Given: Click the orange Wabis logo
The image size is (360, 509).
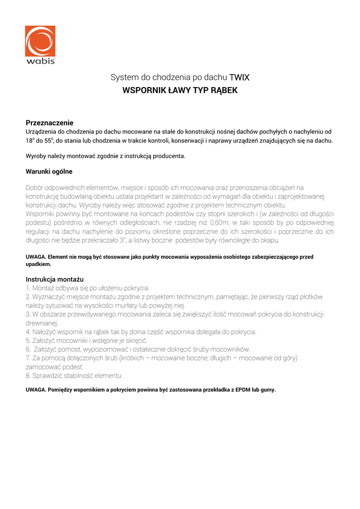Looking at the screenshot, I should coord(40,41).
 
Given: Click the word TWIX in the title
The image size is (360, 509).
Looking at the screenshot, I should coord(239,78).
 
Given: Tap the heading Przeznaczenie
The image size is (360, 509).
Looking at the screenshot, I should coord(50,123).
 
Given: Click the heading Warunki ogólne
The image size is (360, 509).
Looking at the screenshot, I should coord(49,171).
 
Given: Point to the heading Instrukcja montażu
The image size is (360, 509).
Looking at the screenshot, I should coord(54,279).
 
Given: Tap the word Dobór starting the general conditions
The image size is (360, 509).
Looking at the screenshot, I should coord(36,187).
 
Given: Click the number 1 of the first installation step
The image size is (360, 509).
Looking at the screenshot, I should coord(27,288).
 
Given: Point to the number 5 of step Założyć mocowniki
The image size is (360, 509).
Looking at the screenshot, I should coord(27,340).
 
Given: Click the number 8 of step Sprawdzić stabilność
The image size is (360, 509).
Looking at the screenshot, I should coord(27,375).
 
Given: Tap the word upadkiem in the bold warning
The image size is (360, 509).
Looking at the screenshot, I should coord(38,264).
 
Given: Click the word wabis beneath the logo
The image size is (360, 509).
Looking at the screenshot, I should coord(40,61).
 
